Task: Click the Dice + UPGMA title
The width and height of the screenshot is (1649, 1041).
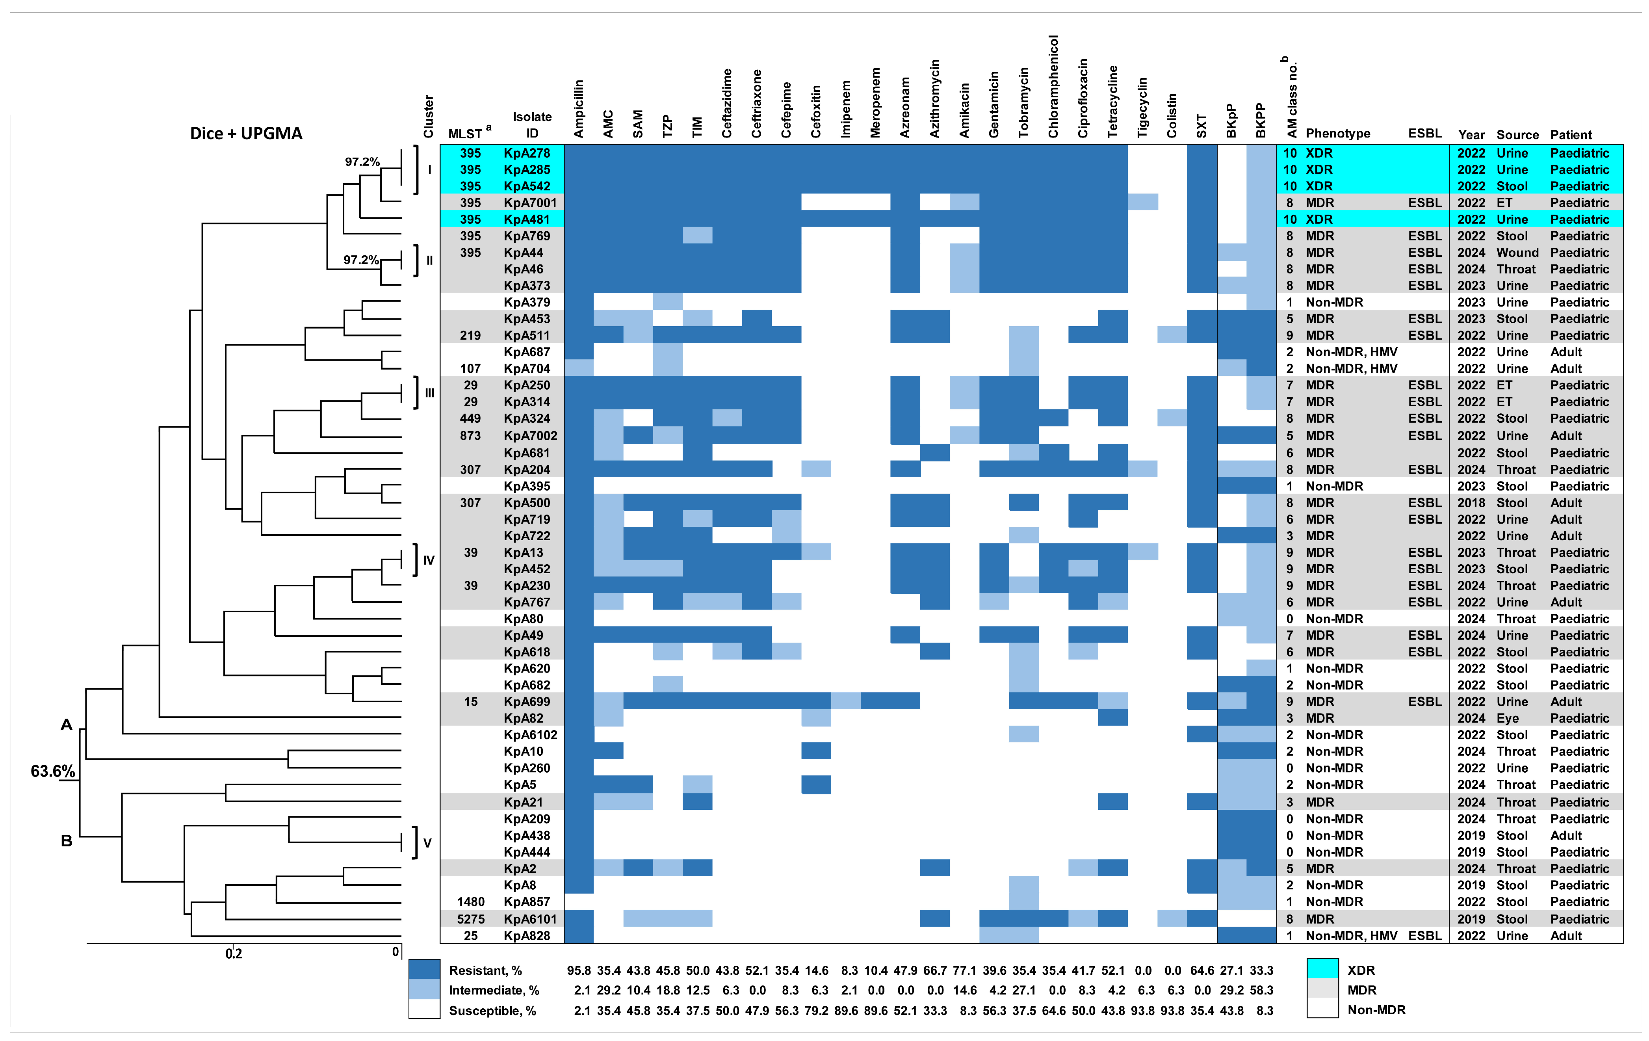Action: (x=246, y=134)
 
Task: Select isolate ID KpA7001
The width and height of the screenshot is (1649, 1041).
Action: (x=530, y=203)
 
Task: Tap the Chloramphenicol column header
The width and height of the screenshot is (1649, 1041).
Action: (x=1053, y=87)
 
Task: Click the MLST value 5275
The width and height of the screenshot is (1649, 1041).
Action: (x=470, y=919)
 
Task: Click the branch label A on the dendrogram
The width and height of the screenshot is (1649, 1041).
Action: (x=67, y=725)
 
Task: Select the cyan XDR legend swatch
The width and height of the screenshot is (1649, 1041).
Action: (x=1322, y=969)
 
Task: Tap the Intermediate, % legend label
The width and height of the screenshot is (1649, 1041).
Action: (x=494, y=990)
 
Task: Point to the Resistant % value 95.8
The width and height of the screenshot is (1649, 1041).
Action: (x=579, y=970)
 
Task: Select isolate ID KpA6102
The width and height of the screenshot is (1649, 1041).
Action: (x=530, y=735)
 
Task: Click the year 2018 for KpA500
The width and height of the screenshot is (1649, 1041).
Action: (x=1471, y=503)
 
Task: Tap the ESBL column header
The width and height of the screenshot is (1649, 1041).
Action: (x=1424, y=134)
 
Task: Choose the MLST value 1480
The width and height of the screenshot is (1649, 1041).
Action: (x=470, y=902)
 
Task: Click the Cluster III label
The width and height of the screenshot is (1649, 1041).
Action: (x=429, y=393)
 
